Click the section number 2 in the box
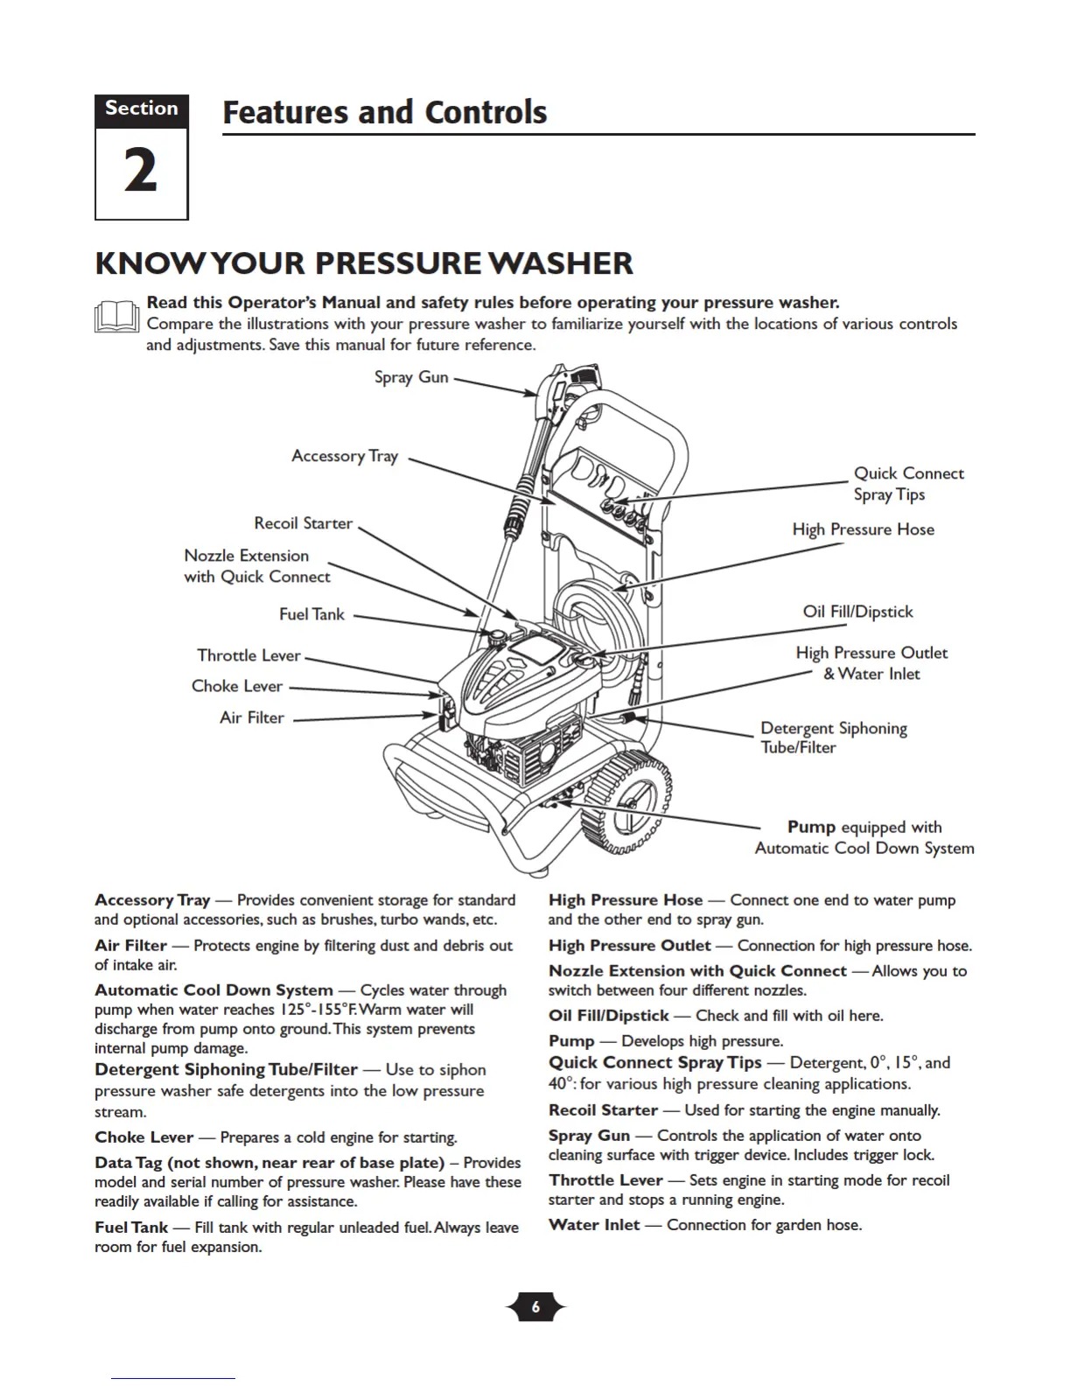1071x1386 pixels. tap(141, 171)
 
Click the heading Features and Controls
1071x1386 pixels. tap(384, 113)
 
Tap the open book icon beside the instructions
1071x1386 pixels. tap(116, 317)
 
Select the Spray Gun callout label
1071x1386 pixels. tap(411, 377)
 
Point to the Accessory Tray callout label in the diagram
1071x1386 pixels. tap(345, 456)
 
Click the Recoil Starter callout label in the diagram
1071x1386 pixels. tap(303, 523)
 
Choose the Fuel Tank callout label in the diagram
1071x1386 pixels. tap(311, 614)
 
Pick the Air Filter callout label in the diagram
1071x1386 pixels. tap(252, 717)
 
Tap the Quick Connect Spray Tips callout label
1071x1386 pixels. tap(908, 484)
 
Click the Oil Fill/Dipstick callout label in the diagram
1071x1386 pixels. tap(857, 612)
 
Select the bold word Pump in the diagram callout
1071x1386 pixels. tap(811, 827)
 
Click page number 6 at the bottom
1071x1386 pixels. tap(535, 1307)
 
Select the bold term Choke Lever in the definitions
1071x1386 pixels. tap(143, 1137)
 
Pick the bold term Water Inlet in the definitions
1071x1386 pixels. tap(593, 1225)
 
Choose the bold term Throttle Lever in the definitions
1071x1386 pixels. tap(605, 1180)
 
